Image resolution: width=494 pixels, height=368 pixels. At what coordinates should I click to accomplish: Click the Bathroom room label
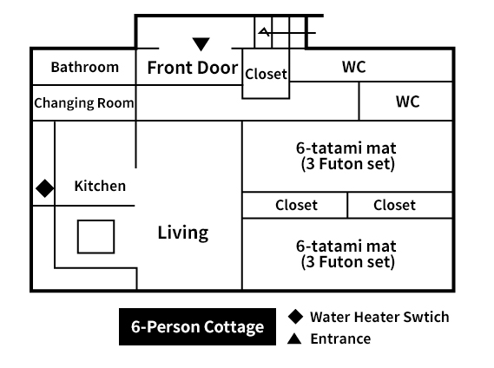pyautogui.click(x=85, y=67)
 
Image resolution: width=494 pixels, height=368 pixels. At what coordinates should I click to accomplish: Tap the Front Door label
pyautogui.click(x=193, y=68)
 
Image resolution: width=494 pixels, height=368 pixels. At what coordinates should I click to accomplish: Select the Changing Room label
pyautogui.click(x=84, y=103)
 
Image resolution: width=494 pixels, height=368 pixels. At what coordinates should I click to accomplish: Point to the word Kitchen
pyautogui.click(x=100, y=186)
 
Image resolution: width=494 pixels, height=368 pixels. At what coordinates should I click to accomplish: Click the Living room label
pyautogui.click(x=182, y=233)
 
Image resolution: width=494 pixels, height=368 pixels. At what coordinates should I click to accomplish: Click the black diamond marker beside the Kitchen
pyautogui.click(x=45, y=188)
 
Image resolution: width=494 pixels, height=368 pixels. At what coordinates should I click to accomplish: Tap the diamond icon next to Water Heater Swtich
pyautogui.click(x=295, y=316)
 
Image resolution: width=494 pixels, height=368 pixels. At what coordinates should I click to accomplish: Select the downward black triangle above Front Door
pyautogui.click(x=201, y=44)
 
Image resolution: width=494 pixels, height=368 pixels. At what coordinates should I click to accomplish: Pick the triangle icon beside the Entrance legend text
pyautogui.click(x=294, y=338)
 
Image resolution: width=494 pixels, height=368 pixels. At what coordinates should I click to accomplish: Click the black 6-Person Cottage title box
pyautogui.click(x=198, y=326)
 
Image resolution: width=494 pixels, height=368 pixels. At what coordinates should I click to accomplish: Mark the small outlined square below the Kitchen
pyautogui.click(x=96, y=237)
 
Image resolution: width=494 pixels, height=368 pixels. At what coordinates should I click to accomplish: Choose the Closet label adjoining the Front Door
pyautogui.click(x=266, y=75)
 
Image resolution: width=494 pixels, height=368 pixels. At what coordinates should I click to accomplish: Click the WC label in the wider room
pyautogui.click(x=354, y=67)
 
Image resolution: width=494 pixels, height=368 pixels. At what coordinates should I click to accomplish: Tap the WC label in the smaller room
pyautogui.click(x=408, y=102)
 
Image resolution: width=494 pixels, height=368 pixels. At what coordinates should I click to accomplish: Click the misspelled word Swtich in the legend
pyautogui.click(x=426, y=317)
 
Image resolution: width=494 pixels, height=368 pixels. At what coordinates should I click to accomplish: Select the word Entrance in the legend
pyautogui.click(x=340, y=339)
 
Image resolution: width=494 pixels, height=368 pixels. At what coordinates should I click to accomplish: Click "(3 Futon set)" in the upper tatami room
pyautogui.click(x=348, y=164)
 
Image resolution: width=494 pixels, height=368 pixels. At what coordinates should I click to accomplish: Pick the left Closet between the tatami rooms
pyautogui.click(x=296, y=205)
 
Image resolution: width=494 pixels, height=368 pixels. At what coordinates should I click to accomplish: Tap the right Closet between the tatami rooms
pyautogui.click(x=394, y=205)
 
